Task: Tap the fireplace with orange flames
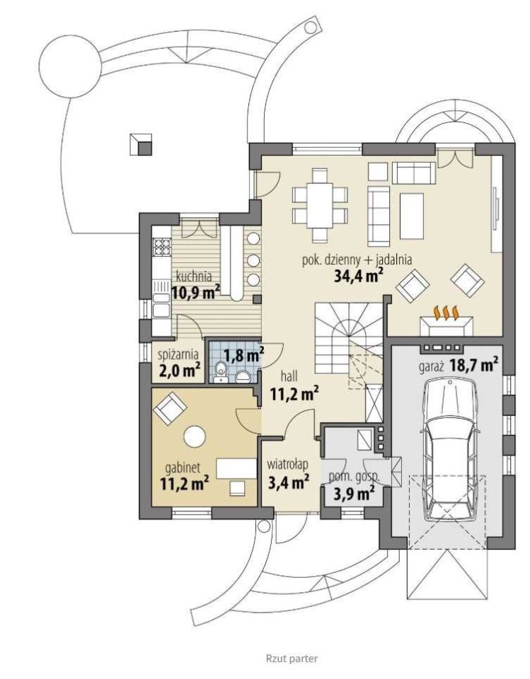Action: [x=446, y=321]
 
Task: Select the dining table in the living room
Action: [x=320, y=206]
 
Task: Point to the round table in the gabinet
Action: [x=194, y=436]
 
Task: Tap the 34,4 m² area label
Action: [x=358, y=275]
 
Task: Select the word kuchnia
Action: [x=194, y=276]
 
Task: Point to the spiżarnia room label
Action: [x=178, y=354]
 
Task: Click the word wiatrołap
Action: [x=288, y=465]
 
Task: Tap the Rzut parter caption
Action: [x=292, y=658]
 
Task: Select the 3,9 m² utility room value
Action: [x=354, y=493]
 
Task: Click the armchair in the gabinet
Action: [x=170, y=408]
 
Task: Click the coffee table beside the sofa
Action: [x=412, y=216]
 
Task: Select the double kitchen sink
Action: [x=161, y=304]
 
